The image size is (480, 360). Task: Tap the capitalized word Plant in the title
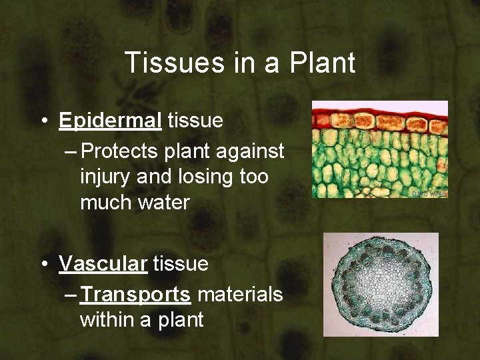pyautogui.click(x=323, y=63)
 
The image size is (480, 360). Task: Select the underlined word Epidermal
pyautogui.click(x=110, y=121)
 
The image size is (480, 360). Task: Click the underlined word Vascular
pyautogui.click(x=103, y=264)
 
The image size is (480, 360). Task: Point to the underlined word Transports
pyautogui.click(x=137, y=294)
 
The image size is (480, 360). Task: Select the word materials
pyautogui.click(x=241, y=294)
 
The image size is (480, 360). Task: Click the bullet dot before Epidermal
pyautogui.click(x=43, y=121)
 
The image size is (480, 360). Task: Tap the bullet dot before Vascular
pyautogui.click(x=43, y=265)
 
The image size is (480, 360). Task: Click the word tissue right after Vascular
pyautogui.click(x=181, y=264)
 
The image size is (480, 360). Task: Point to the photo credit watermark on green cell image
pyautogui.click(x=429, y=193)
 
